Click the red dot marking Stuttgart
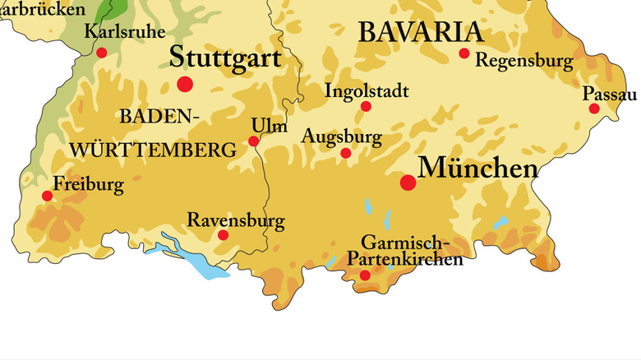[185, 84]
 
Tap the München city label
[478, 168]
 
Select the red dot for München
[408, 182]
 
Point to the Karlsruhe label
[125, 32]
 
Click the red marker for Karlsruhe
[102, 53]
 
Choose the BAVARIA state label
[419, 32]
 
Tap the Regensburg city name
[523, 61]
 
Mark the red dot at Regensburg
[464, 53]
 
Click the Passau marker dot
[594, 108]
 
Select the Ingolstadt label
[367, 90]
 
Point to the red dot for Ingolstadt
[367, 106]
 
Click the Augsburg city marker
[346, 153]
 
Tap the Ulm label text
[269, 125]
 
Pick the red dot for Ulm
[254, 141]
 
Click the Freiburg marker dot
[47, 196]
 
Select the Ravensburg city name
[236, 220]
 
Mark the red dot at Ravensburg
[223, 235]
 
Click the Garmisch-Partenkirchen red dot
[365, 275]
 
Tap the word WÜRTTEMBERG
[153, 150]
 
